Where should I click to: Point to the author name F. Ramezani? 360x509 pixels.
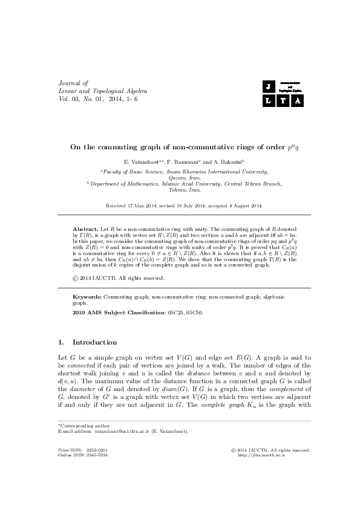[x=181, y=163]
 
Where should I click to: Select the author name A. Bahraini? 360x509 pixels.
[x=227, y=163]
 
